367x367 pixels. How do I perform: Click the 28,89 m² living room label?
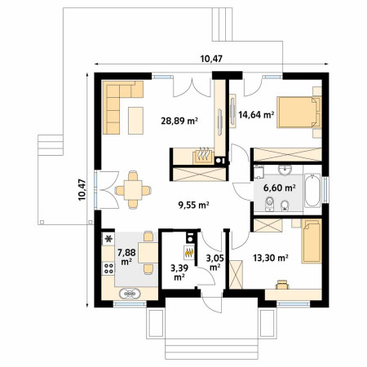(179, 121)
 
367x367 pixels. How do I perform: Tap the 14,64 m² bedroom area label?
(256, 115)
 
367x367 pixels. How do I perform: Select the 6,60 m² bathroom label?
(280, 188)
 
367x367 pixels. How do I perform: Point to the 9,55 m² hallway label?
(193, 205)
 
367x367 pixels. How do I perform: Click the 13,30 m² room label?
(271, 258)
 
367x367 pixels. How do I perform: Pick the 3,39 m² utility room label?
(179, 272)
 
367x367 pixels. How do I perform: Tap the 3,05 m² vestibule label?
(214, 263)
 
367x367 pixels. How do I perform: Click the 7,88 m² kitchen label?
(126, 257)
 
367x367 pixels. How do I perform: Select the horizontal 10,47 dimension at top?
(211, 59)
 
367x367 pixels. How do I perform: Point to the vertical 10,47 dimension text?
(82, 190)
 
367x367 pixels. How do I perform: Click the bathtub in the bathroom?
(312, 191)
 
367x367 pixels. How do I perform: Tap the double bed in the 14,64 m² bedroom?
(299, 112)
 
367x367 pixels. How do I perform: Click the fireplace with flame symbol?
(203, 157)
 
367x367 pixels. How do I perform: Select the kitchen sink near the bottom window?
(130, 294)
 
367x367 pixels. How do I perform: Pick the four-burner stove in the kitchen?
(108, 268)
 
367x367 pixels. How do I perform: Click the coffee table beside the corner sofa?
(135, 121)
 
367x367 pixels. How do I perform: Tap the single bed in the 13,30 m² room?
(312, 241)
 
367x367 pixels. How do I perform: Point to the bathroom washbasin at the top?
(285, 170)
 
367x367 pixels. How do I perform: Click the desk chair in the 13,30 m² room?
(282, 285)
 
